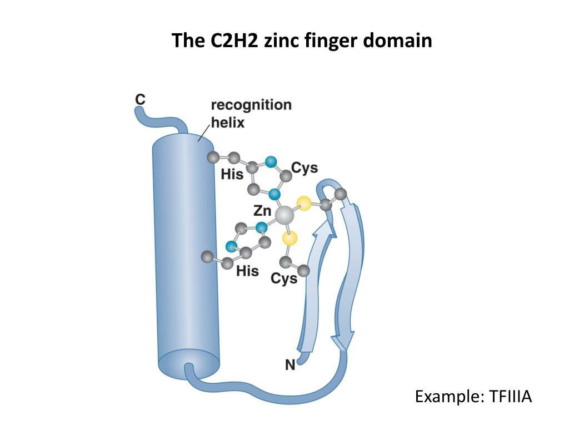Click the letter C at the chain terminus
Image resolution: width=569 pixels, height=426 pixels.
141,99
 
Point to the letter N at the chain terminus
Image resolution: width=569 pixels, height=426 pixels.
290,364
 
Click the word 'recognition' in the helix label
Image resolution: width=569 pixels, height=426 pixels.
251,105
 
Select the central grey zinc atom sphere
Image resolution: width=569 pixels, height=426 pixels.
285,215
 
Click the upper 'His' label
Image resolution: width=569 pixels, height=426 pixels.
232,174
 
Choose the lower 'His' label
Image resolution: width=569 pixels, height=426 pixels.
247,271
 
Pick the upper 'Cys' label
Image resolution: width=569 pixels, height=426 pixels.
305,168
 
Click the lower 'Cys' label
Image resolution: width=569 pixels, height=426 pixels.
284,278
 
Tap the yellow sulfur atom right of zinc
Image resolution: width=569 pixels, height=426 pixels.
303,202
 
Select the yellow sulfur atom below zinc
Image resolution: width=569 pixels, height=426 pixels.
290,239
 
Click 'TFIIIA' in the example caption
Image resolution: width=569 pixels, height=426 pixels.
511,397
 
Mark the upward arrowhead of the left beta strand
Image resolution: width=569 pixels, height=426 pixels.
321,227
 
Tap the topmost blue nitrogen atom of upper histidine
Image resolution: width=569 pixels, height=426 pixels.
271,162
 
